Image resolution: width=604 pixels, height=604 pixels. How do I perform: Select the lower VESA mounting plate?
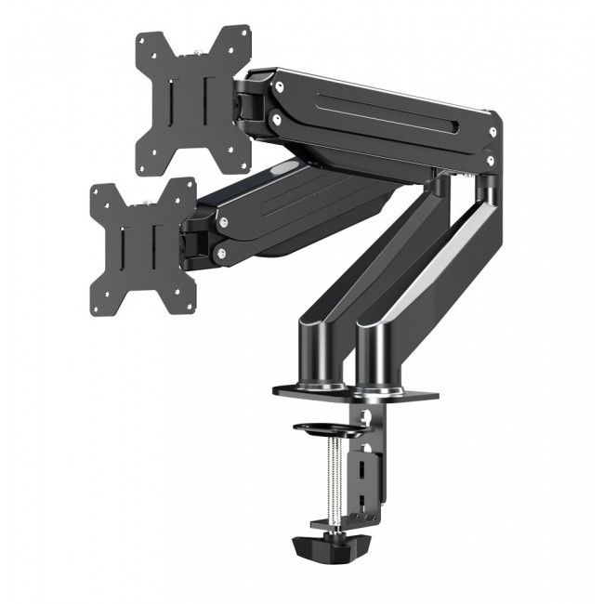pos(139,247)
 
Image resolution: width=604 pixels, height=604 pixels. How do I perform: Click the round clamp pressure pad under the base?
pos(327,429)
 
